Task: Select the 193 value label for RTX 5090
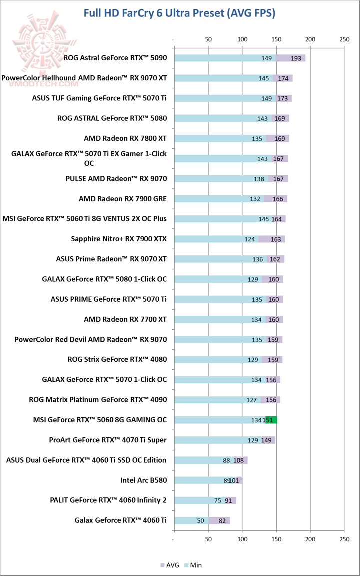(296, 58)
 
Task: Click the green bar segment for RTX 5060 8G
(271, 420)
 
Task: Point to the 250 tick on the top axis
(344, 39)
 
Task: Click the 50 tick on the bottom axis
(208, 539)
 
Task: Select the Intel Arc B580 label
(143, 480)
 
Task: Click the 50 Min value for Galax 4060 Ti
(201, 521)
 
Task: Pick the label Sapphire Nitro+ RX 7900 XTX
(119, 239)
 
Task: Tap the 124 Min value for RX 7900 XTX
(250, 239)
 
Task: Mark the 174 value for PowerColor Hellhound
(283, 78)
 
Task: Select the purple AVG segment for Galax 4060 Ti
(219, 521)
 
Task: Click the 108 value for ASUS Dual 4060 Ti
(239, 460)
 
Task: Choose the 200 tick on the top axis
(310, 39)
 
